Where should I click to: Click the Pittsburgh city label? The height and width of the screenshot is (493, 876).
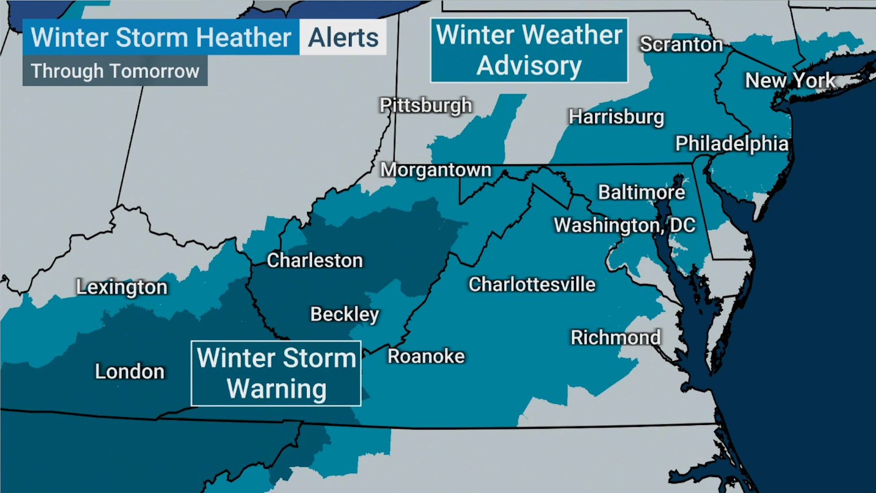pyautogui.click(x=426, y=105)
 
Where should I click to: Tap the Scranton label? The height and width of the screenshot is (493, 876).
pyautogui.click(x=681, y=44)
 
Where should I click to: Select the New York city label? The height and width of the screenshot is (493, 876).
pyautogui.click(x=790, y=81)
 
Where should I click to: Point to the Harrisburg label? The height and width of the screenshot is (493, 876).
pyautogui.click(x=616, y=117)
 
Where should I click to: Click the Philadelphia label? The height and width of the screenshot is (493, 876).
pyautogui.click(x=732, y=144)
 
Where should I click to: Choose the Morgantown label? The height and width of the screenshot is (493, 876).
pyautogui.click(x=436, y=170)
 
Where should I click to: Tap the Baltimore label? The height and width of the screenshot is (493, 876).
pyautogui.click(x=641, y=192)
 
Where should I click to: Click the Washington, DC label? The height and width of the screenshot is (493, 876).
pyautogui.click(x=624, y=225)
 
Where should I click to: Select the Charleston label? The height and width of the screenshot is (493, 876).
pyautogui.click(x=315, y=261)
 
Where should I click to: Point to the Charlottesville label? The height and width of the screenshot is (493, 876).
pyautogui.click(x=532, y=284)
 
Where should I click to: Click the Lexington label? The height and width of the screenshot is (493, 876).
pyautogui.click(x=122, y=287)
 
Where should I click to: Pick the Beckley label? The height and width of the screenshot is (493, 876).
pyautogui.click(x=344, y=314)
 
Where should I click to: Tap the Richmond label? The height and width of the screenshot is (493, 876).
pyautogui.click(x=615, y=338)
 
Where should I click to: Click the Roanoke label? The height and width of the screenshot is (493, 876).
pyautogui.click(x=426, y=357)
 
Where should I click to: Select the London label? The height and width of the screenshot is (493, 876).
pyautogui.click(x=130, y=372)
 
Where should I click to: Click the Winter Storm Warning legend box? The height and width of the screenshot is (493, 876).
pyautogui.click(x=276, y=373)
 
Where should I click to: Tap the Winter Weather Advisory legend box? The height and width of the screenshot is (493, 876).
pyautogui.click(x=529, y=50)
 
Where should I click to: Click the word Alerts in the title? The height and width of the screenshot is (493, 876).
pyautogui.click(x=343, y=37)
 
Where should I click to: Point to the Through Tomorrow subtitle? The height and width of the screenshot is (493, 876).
pyautogui.click(x=115, y=71)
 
